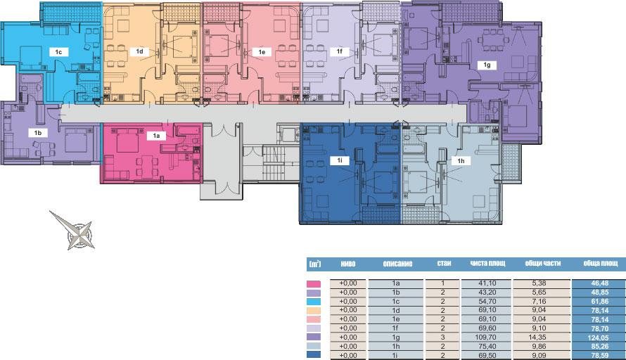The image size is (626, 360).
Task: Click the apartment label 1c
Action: pyautogui.click(x=58, y=52)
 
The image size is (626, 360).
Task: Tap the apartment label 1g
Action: pyautogui.click(x=487, y=65)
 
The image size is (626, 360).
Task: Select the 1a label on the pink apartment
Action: pyautogui.click(x=156, y=136)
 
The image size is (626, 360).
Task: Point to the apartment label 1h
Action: pyautogui.click(x=461, y=161)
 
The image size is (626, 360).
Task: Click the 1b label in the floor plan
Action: pyautogui.click(x=38, y=133)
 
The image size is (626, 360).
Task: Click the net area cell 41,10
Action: pyautogui.click(x=487, y=283)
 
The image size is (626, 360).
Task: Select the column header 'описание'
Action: pyautogui.click(x=397, y=264)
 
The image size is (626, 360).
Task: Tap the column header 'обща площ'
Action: pyautogui.click(x=601, y=264)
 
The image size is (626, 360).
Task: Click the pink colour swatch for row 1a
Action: pyautogui.click(x=314, y=284)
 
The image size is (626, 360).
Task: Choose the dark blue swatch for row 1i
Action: pyautogui.click(x=314, y=354)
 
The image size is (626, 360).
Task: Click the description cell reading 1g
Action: pyautogui.click(x=395, y=337)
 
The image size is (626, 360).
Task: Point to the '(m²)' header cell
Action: pyautogui.click(x=314, y=264)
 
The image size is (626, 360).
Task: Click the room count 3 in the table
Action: pyautogui.click(x=442, y=337)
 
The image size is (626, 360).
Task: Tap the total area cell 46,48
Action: pyautogui.click(x=600, y=283)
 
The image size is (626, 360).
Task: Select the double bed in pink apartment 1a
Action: pyautogui.click(x=127, y=140)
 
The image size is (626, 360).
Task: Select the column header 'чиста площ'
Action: pyautogui.click(x=487, y=264)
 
